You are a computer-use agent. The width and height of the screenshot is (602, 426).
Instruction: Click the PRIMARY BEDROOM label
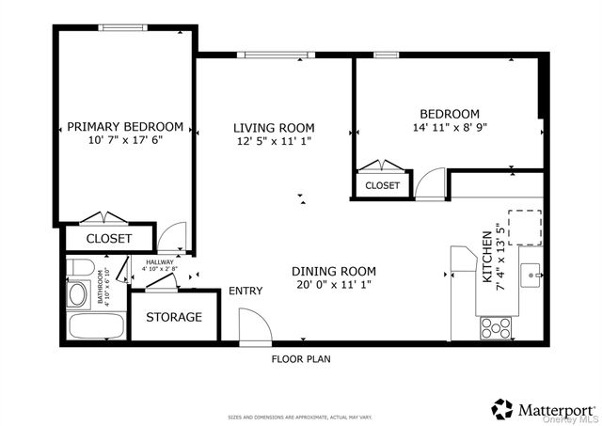125,127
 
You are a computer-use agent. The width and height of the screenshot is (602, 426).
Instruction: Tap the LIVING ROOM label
274,128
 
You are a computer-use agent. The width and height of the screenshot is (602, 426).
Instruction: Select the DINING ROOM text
326,268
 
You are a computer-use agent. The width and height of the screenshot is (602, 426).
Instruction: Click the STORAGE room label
173,317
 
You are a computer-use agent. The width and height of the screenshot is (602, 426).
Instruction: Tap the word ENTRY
246,292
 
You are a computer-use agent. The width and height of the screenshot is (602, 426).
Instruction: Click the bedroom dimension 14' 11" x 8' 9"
450,127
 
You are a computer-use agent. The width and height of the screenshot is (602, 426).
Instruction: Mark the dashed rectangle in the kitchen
526,227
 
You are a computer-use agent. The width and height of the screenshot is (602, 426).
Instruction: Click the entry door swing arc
255,325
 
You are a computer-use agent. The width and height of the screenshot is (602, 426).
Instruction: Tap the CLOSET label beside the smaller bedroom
382,186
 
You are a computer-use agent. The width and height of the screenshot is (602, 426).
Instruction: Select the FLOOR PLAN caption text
301,358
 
